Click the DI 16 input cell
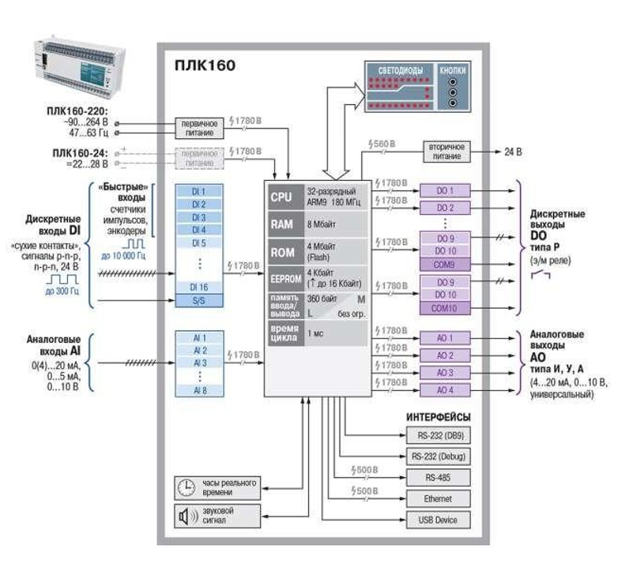coord(198,287)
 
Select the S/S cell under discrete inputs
coord(198,301)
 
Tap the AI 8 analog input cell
coord(198,389)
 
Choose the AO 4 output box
coord(444,389)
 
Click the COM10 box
coord(444,308)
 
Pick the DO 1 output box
coord(444,190)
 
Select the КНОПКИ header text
coord(454,71)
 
